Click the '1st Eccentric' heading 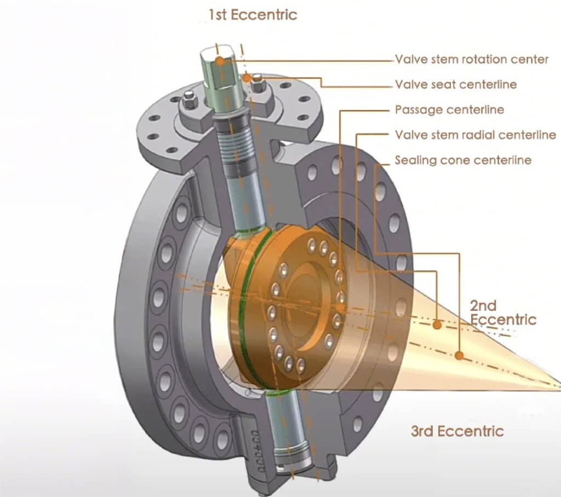coord(253,14)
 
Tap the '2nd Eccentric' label coord(502,312)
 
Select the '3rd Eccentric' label coord(457,431)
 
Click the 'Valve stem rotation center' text coord(471,59)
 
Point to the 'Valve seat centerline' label coord(455,84)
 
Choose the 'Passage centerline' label coord(449,109)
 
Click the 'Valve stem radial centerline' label coord(475,135)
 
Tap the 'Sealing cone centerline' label coord(463,160)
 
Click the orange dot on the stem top coord(220,61)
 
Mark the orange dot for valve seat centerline coord(247,79)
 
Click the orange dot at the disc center coord(340,309)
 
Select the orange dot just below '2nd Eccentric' coord(437,325)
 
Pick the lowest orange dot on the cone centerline coord(459,356)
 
